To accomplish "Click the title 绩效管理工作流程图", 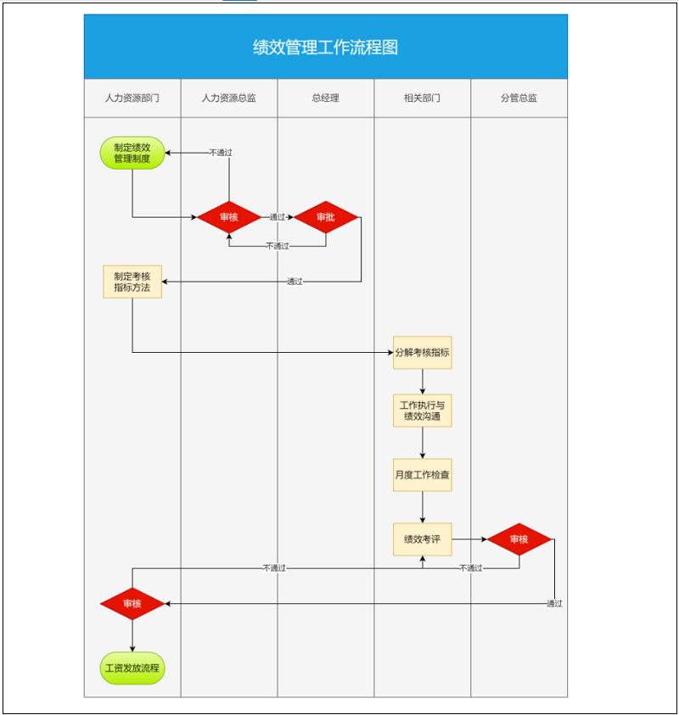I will click(x=325, y=47).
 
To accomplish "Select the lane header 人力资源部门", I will click(x=132, y=98).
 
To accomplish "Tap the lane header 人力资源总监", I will click(x=228, y=98).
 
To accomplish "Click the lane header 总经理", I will click(x=325, y=98).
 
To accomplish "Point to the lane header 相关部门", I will click(x=422, y=98).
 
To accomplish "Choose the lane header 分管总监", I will click(x=519, y=98).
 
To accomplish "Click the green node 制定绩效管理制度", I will click(x=132, y=153).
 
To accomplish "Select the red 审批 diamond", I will click(x=326, y=217).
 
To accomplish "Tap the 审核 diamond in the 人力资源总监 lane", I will click(x=228, y=217).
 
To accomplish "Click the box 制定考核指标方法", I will click(x=132, y=282).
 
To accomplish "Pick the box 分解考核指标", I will click(x=422, y=352).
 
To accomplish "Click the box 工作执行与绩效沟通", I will click(x=422, y=411).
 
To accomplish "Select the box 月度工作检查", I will click(x=422, y=475).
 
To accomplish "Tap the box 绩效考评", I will click(x=422, y=539).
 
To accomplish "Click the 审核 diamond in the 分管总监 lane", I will click(x=519, y=539).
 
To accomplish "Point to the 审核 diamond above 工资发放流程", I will click(x=132, y=604).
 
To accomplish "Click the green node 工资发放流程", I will click(x=132, y=668).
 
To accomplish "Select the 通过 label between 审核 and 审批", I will click(x=277, y=217).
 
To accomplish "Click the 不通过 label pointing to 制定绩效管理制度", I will click(x=221, y=153).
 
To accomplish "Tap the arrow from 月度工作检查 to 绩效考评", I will click(x=422, y=507).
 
